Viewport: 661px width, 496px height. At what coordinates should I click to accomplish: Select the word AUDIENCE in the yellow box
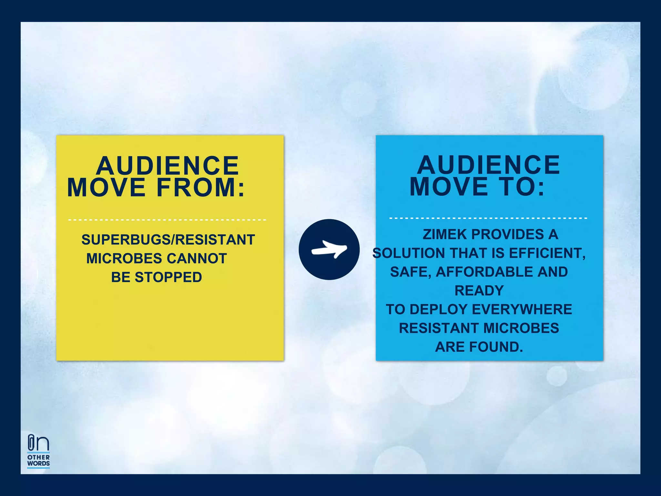(x=167, y=166)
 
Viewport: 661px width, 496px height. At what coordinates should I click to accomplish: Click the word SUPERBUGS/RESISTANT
(x=168, y=240)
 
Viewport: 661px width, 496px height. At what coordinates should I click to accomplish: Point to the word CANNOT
(x=197, y=259)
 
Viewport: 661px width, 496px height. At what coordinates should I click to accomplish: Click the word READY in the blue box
(x=479, y=291)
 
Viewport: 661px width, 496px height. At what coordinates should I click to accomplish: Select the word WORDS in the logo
(x=38, y=463)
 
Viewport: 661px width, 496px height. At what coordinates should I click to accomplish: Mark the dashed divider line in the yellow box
(x=167, y=220)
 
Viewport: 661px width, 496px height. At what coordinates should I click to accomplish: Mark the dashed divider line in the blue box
(x=488, y=218)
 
